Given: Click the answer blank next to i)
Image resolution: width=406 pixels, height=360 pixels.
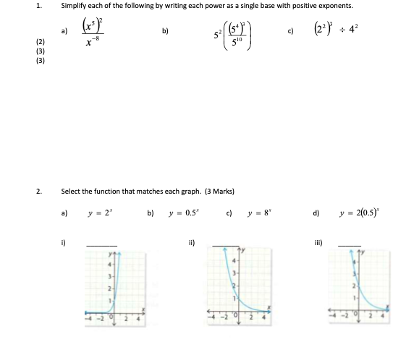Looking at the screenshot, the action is click(x=101, y=242).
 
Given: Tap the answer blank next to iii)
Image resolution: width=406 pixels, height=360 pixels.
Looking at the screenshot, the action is click(x=349, y=242).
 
